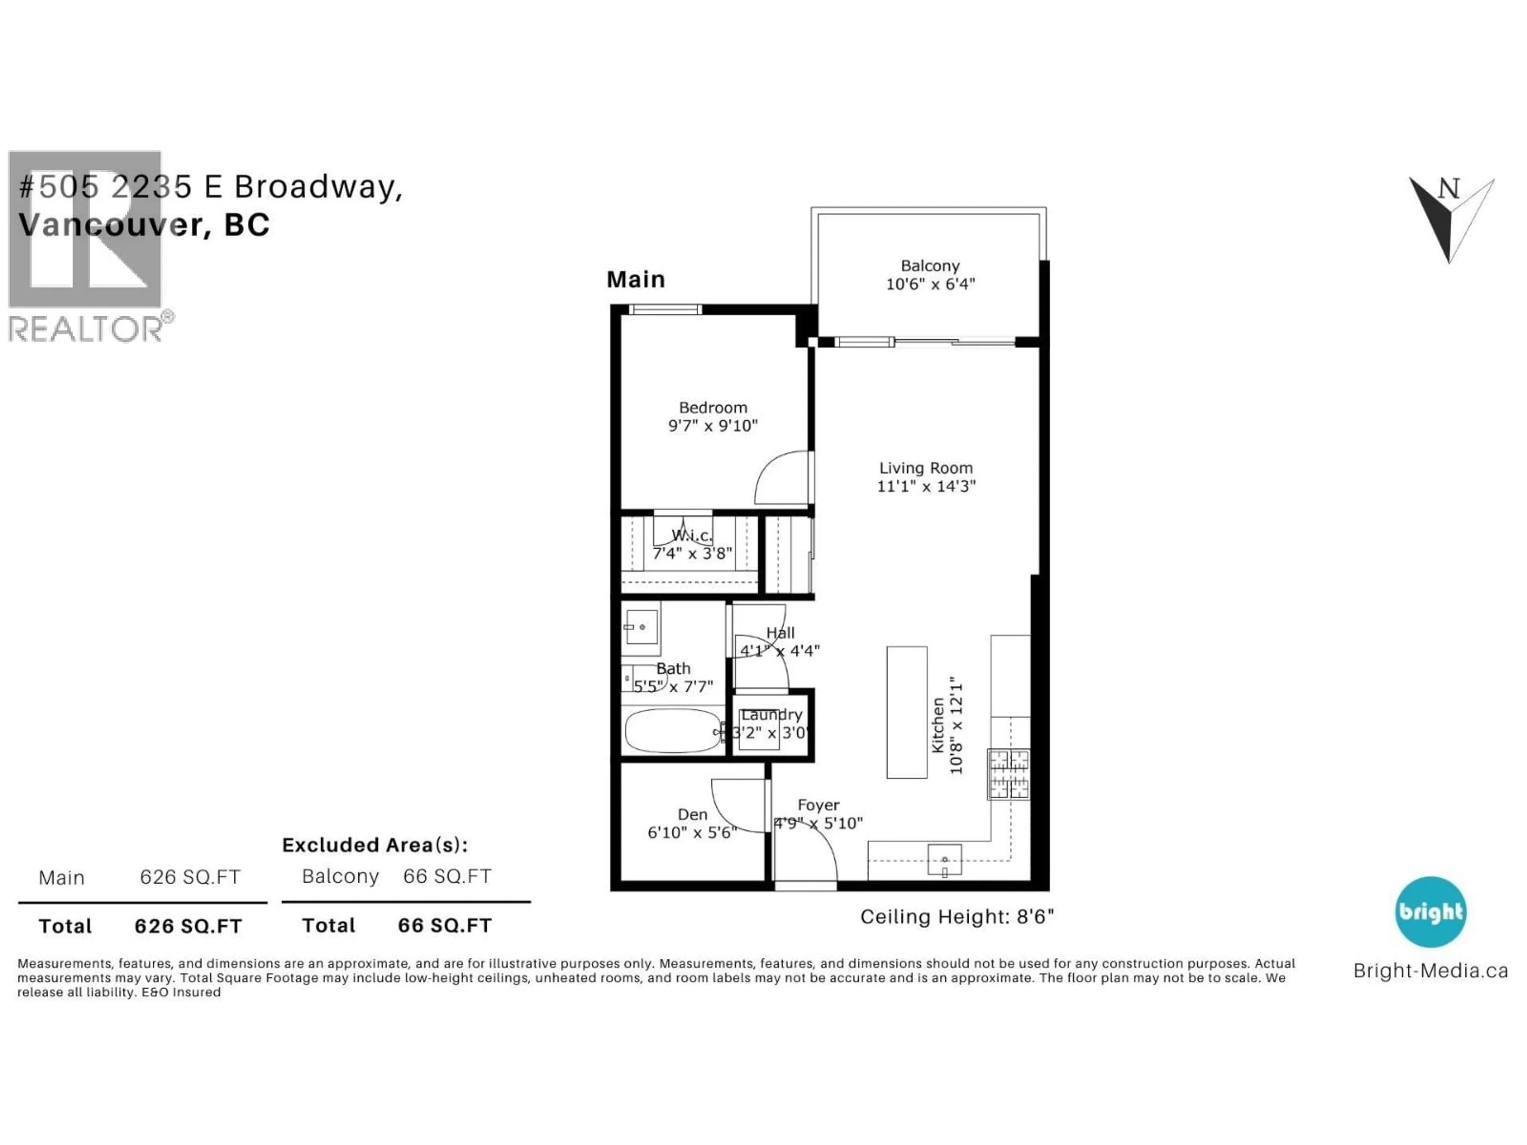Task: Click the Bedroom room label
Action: click(x=713, y=408)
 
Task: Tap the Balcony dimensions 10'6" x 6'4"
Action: click(x=930, y=283)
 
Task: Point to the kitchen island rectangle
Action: click(x=906, y=712)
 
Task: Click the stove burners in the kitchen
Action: click(x=1008, y=774)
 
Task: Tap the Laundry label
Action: click(x=771, y=715)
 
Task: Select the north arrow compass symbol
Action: click(x=1450, y=217)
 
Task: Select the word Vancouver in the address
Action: click(x=111, y=225)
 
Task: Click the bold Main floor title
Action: click(x=635, y=279)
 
